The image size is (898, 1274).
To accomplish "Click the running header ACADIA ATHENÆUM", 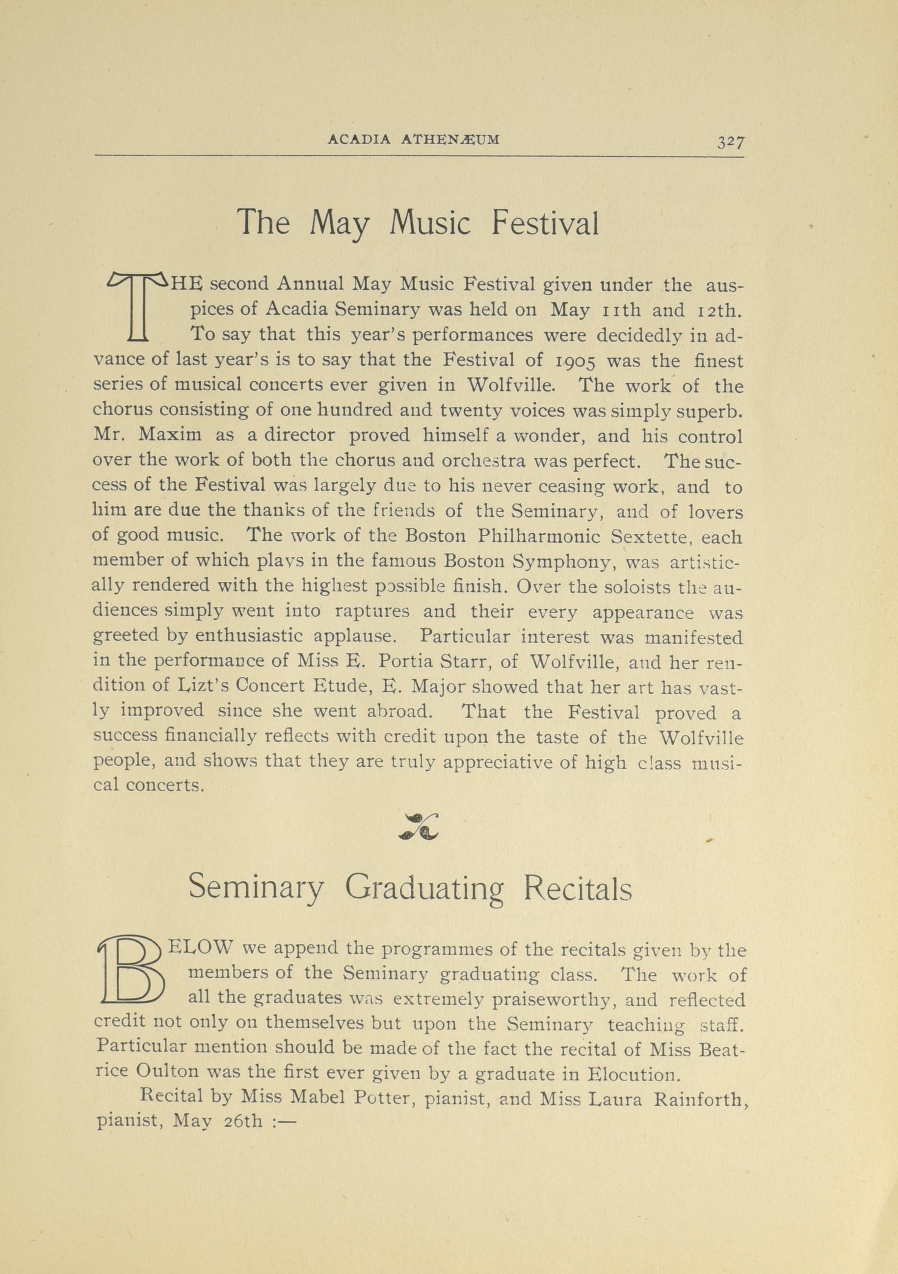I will [414, 140].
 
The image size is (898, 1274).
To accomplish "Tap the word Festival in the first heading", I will [545, 223].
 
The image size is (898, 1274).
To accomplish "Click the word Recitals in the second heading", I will [577, 888].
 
